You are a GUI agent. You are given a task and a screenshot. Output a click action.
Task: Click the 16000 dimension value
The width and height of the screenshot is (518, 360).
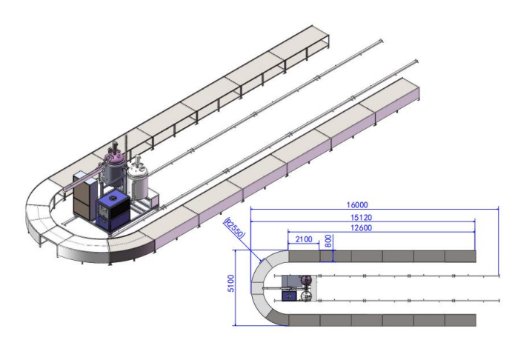(x=357, y=204)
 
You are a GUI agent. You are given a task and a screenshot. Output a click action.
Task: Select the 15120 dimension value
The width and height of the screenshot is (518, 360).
(x=361, y=217)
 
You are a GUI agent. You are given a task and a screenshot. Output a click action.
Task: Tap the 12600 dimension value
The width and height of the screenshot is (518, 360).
(x=361, y=227)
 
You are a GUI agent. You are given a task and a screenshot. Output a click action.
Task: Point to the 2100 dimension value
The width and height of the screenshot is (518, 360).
(x=304, y=239)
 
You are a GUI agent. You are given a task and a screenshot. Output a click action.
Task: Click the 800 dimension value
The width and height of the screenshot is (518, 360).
(x=328, y=241)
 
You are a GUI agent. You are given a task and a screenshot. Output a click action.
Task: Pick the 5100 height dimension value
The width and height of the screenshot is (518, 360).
(x=231, y=283)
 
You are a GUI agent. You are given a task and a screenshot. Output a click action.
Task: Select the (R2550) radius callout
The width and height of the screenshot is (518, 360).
(x=235, y=227)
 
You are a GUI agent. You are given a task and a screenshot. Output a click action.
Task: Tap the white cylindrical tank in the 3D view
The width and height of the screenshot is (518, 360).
(x=137, y=180)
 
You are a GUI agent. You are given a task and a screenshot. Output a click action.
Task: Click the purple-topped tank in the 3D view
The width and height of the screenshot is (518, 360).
(x=115, y=168)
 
